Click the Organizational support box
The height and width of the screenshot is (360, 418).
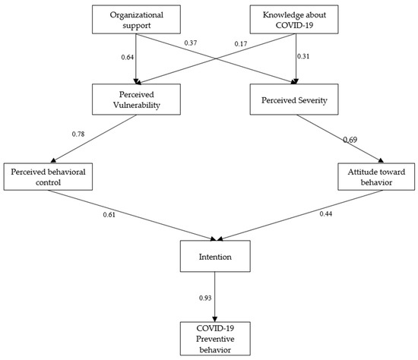135,19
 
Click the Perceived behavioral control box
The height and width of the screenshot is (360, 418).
48,177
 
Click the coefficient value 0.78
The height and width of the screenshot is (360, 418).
77,134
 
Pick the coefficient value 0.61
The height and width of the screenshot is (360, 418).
110,214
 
